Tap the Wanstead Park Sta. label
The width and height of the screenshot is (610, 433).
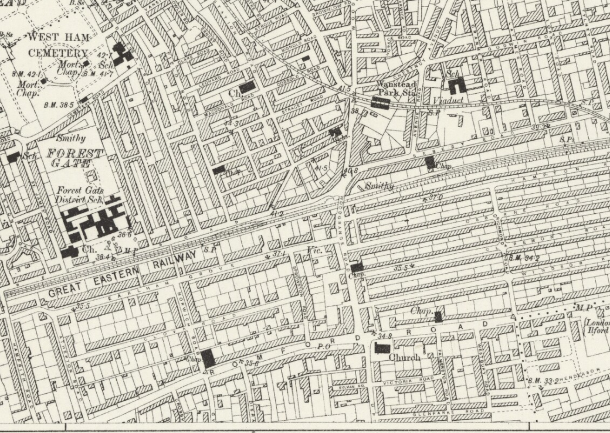pos(396,88)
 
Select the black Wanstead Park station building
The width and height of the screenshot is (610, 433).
pos(381,104)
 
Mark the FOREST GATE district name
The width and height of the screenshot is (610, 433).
pos(74,158)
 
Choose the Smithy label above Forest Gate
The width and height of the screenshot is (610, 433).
pos(70,139)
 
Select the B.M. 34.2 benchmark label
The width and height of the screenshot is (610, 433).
pos(523,258)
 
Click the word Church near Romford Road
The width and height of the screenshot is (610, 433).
pos(405,357)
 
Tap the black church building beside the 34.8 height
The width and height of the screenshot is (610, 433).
pos(382,347)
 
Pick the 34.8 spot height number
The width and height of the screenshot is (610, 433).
pos(384,336)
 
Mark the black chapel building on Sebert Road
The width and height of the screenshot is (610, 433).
pos(431,162)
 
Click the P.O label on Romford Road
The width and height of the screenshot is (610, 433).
pos(323,347)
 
